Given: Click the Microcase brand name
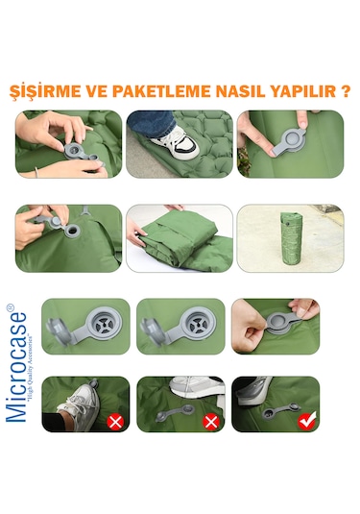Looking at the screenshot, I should pos(24,365).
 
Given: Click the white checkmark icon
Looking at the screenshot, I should pos(307,419).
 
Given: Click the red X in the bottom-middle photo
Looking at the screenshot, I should pos(211,419).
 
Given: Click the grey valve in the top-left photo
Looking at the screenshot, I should pos(76,151).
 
